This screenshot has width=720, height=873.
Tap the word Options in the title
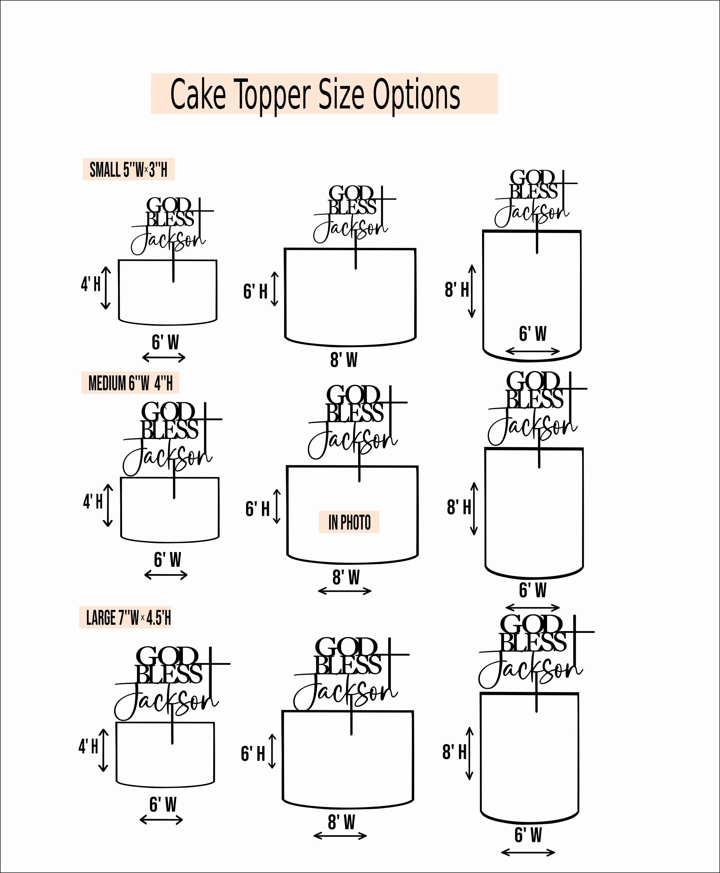coord(416,95)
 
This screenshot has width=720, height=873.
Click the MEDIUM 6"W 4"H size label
coord(130,383)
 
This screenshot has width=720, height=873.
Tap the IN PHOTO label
coord(349,523)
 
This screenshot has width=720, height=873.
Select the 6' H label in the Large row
coord(253,754)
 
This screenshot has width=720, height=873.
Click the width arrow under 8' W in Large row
coord(340,836)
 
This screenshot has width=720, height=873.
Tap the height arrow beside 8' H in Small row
coord(472,291)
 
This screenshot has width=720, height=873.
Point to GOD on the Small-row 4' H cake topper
coord(168,205)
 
